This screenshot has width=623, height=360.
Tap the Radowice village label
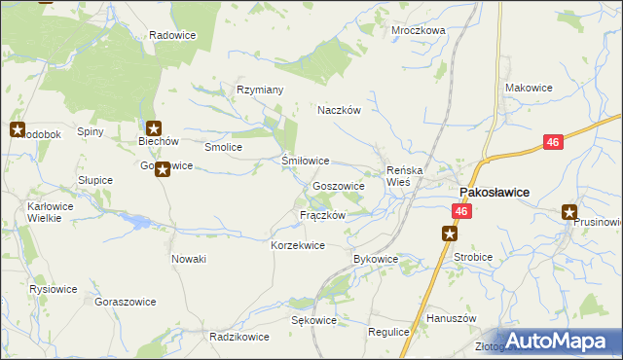173,35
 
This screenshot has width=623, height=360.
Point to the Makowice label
529,88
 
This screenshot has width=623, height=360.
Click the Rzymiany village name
260,90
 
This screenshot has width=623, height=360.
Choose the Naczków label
339,111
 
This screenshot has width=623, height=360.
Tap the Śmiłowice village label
305,161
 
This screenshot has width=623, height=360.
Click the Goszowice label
339,186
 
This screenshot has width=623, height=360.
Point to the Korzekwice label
297,246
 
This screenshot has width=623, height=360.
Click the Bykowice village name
376,259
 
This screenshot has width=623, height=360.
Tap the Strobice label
473,258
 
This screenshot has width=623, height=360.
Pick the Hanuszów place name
450,318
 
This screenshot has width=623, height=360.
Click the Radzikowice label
239,337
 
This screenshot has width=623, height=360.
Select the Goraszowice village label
126,302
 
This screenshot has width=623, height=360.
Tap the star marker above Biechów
153,127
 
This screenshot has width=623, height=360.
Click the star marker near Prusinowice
570,212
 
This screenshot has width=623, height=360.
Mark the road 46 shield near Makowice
553,142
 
